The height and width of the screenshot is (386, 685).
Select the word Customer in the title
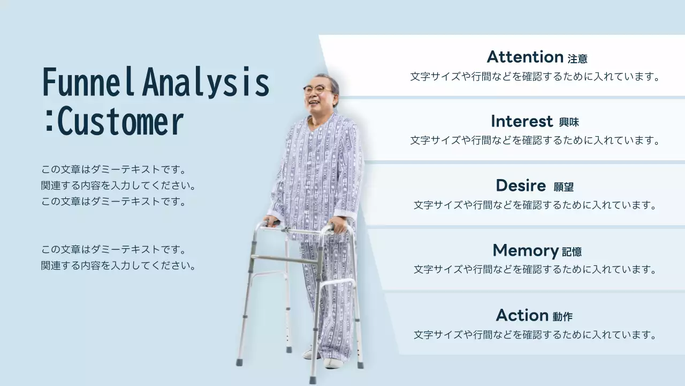tap(120, 122)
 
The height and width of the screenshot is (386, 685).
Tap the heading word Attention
tap(524, 57)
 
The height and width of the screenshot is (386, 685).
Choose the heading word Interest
tap(521, 121)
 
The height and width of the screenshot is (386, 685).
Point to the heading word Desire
tap(520, 185)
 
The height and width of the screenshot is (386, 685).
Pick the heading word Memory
tap(525, 250)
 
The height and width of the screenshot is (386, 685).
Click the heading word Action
tap(522, 315)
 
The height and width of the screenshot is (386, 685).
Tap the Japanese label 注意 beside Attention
tap(577, 58)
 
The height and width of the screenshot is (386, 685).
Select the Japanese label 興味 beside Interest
tap(569, 123)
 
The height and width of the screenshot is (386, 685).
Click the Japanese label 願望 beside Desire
tap(564, 187)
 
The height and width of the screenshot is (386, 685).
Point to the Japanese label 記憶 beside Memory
tap(572, 251)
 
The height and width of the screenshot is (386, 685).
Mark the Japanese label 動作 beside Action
tap(563, 317)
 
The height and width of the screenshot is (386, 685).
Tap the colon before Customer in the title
tap(49, 122)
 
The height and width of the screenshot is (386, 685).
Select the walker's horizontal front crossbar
tap(286, 261)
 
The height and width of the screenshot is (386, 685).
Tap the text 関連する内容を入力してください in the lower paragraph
tap(118, 265)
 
